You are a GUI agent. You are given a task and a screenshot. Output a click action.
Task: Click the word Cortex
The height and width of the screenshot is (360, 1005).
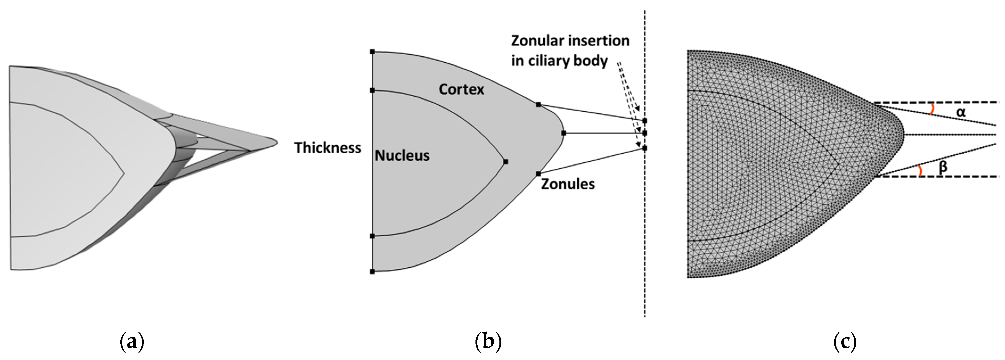coord(461,90)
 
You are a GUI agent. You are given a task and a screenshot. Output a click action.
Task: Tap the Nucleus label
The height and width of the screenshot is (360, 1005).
coord(402,156)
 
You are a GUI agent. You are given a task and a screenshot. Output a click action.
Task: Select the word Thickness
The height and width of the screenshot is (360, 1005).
coord(327,148)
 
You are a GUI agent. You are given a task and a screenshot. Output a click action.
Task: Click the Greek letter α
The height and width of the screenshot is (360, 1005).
coord(961,112)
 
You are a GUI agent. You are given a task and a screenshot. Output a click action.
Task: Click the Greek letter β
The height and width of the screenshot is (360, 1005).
coord(943,167)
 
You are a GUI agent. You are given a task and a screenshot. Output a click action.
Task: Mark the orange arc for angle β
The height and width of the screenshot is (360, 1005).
coord(921,171)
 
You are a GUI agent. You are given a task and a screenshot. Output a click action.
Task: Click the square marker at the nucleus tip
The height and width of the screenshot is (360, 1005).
coord(506,162)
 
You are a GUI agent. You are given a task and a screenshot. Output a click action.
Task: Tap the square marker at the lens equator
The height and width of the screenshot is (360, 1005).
coord(563,133)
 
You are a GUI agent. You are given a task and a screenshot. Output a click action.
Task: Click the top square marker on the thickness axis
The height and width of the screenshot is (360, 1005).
coord(372,51)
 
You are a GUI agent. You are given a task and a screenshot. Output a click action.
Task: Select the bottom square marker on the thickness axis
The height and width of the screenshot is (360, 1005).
coord(372,271)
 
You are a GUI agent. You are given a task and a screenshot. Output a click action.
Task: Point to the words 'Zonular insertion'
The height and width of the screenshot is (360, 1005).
coord(570,40)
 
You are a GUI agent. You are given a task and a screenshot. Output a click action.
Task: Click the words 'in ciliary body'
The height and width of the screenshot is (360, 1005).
coord(559,61)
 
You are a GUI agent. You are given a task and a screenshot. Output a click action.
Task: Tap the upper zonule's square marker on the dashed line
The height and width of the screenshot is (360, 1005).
coord(645,121)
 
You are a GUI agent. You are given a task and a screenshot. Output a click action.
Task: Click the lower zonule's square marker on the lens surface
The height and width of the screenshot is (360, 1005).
coord(538,173)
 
